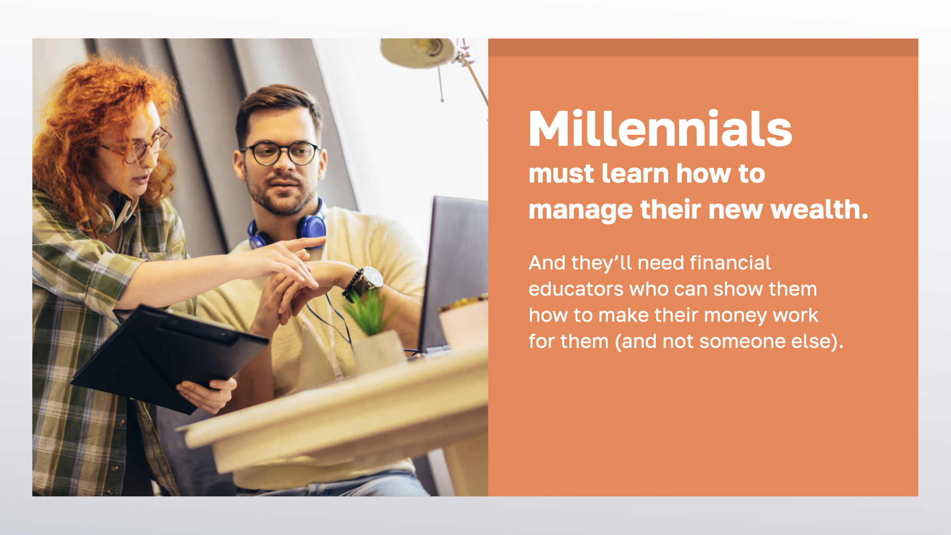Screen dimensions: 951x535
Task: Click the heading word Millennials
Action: coord(660,129)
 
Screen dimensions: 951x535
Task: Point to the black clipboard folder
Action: coord(168,357)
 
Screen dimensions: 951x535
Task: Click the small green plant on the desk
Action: coord(369,312)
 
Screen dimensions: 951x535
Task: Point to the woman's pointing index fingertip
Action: coord(322,240)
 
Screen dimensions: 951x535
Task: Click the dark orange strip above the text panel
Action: coord(703,48)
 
